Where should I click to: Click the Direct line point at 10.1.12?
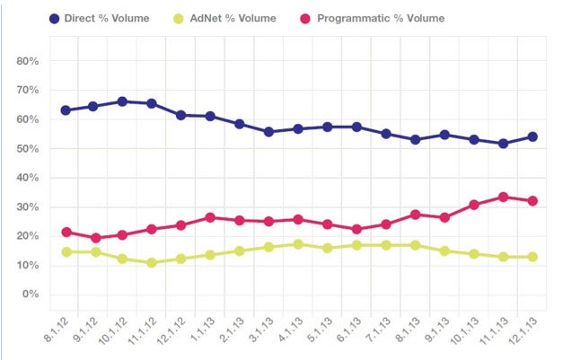[x=122, y=101]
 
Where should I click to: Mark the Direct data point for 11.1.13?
[x=504, y=144]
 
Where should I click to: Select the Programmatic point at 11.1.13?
[x=504, y=197]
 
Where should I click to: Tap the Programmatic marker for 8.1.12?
[x=65, y=232]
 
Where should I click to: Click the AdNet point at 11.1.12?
[x=152, y=263]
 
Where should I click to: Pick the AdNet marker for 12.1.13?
[x=532, y=257]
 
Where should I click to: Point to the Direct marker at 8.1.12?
[x=65, y=110]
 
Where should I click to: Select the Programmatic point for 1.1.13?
[x=210, y=217]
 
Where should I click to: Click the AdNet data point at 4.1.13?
[x=298, y=244]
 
